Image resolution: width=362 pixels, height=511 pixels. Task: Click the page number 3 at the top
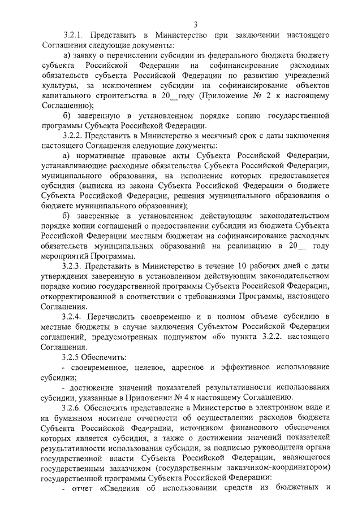tap(195, 24)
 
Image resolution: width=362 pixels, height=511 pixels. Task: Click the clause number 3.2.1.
tap(75, 35)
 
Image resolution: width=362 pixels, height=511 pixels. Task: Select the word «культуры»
tap(60, 86)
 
